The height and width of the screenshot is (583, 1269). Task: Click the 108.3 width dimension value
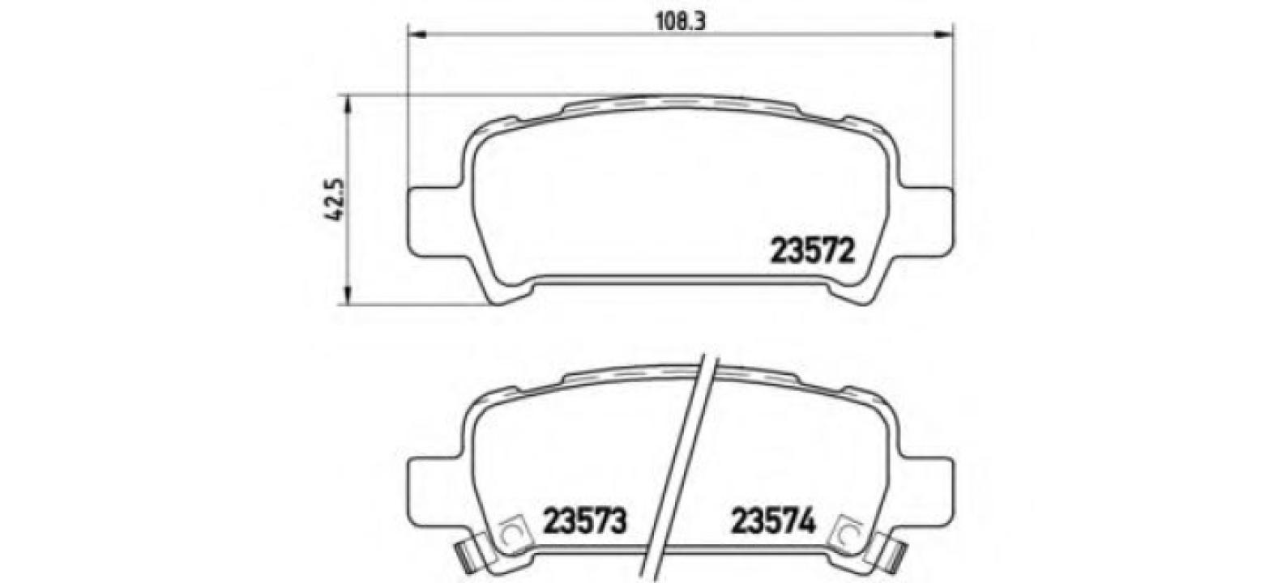(680, 22)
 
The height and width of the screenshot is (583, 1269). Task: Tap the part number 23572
(812, 251)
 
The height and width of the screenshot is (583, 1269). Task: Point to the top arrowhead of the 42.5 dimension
(349, 104)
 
